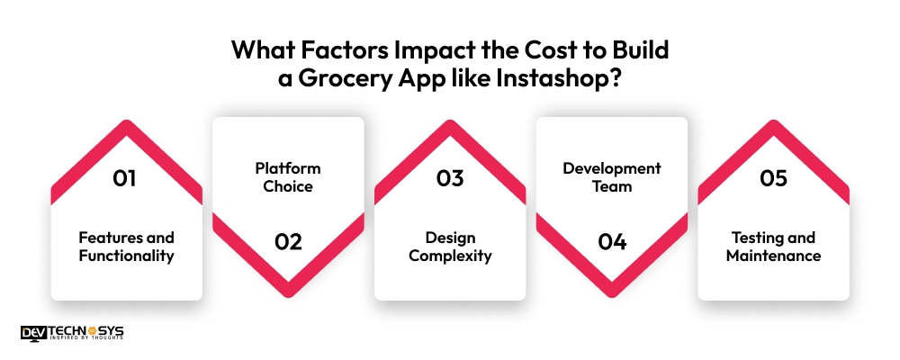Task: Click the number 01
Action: tap(124, 178)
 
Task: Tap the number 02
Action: tap(288, 241)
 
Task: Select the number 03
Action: tap(450, 178)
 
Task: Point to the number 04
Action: tap(612, 241)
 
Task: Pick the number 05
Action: tap(774, 178)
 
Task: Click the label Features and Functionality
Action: tap(126, 247)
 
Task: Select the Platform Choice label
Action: tap(288, 177)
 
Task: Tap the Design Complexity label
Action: tap(450, 247)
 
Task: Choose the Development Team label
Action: tap(612, 177)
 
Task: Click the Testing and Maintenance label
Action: tap(774, 247)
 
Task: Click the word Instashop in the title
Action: tap(544, 77)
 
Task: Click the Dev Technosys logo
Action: tap(72, 332)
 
